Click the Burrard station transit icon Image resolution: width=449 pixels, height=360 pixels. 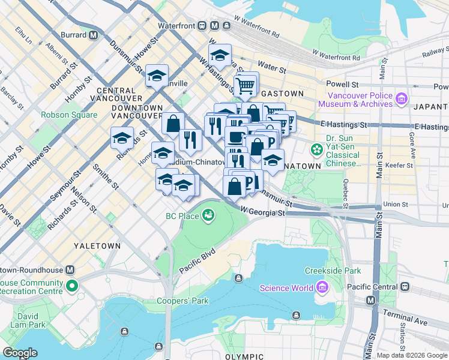pos(93,35)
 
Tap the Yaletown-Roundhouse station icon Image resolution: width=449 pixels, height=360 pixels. pos(70,270)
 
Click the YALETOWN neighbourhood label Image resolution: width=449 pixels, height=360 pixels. pos(97,246)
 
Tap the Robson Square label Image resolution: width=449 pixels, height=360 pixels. pos(69,115)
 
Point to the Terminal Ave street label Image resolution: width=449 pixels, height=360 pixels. pos(409,322)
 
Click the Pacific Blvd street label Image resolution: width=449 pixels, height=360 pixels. pos(196,262)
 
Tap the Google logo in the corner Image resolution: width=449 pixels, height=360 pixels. pos(19,353)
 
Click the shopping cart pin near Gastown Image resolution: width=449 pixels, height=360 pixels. pos(245,85)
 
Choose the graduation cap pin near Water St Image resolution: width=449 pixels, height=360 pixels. pos(220,56)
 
